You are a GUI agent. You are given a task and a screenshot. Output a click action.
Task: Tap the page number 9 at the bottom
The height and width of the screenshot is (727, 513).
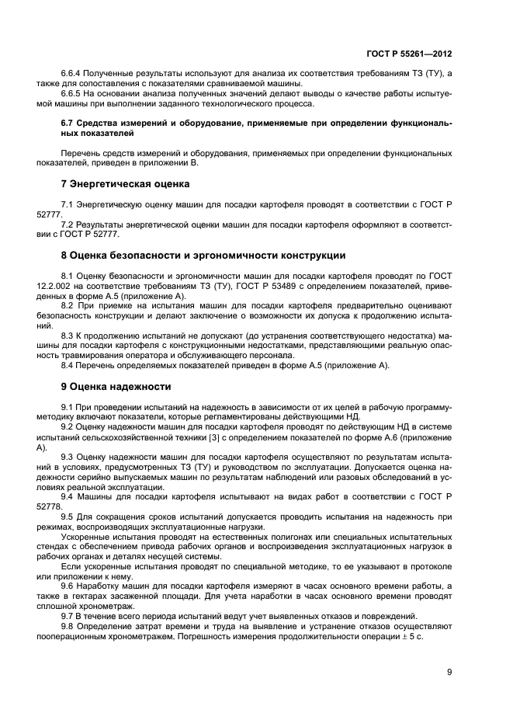coord(449,673)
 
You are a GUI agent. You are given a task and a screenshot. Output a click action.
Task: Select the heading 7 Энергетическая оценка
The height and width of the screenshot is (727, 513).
coord(125,184)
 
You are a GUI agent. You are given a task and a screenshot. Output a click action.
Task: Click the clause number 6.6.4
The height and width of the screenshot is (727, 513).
coord(71,73)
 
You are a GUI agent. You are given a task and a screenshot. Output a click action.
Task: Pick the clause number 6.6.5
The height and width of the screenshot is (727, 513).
coord(71,94)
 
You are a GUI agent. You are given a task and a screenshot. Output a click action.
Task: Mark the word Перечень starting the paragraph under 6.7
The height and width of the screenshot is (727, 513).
coord(81,154)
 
